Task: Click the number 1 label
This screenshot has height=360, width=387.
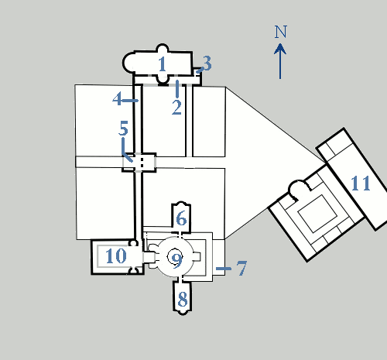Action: [162, 64]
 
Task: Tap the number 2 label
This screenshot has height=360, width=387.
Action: [176, 108]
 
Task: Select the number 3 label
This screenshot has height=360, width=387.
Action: [207, 63]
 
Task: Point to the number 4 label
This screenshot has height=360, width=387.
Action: [117, 98]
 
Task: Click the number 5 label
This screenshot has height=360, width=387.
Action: [123, 128]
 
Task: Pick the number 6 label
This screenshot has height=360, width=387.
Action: [181, 218]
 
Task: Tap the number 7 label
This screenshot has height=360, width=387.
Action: [241, 268]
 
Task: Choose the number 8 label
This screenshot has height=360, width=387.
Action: [183, 299]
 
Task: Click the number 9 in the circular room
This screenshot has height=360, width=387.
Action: [176, 261]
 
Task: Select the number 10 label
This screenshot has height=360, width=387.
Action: [116, 256]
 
